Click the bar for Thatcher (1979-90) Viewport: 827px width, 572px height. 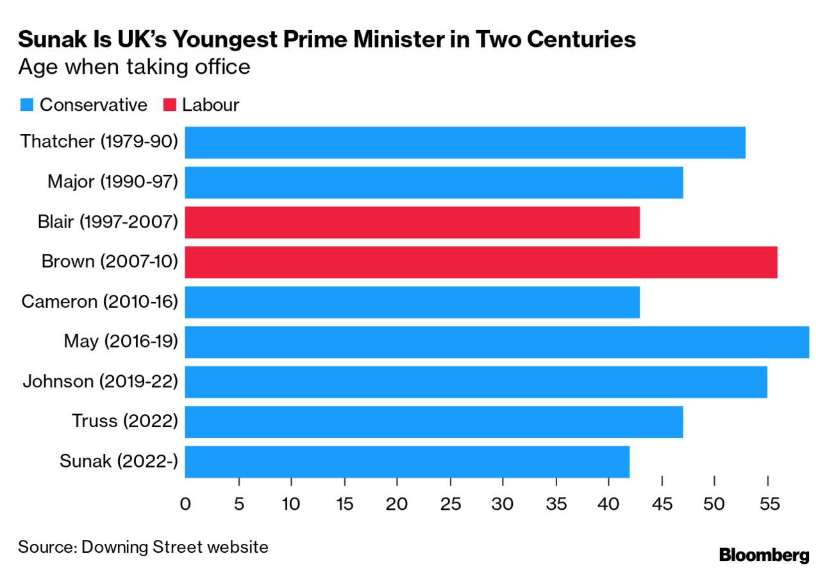coord(465,142)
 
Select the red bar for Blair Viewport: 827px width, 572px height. coord(412,223)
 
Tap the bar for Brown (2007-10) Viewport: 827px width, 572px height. coord(481,262)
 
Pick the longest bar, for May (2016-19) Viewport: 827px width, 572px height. coord(497,342)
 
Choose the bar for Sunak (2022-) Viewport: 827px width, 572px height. coord(407,462)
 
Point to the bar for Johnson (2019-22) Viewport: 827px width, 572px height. coord(476,382)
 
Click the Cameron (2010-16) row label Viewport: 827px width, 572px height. coord(99,301)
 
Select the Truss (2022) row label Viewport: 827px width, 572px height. coord(124,421)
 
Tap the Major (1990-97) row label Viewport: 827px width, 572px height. coord(112,181)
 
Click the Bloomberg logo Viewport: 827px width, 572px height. coord(764,555)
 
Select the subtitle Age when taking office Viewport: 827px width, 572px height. coord(134,67)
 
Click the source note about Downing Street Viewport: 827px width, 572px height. coord(143,547)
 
